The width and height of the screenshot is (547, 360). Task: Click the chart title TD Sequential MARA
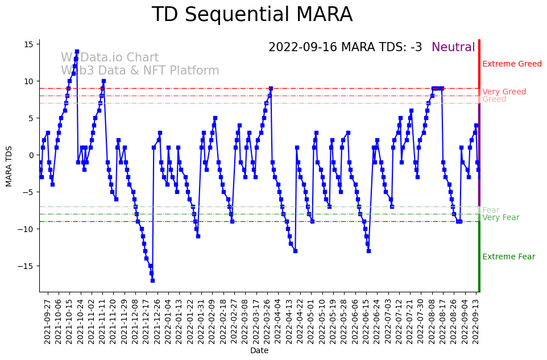point(252,15)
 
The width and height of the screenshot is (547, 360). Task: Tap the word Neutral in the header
point(453,47)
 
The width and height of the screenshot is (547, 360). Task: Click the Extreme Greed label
point(512,64)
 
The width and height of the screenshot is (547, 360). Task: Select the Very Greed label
point(504,92)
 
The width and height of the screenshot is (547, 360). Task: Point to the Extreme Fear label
point(508,256)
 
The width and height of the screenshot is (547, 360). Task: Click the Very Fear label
point(500,217)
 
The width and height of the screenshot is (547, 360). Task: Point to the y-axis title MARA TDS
point(9,166)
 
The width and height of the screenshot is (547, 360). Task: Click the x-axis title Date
point(259,350)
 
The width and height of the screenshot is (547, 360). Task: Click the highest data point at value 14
point(77,52)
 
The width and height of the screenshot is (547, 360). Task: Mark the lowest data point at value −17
point(152,280)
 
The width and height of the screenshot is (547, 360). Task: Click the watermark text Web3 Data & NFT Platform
point(140,71)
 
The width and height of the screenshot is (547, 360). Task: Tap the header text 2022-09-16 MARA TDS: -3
point(345,47)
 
